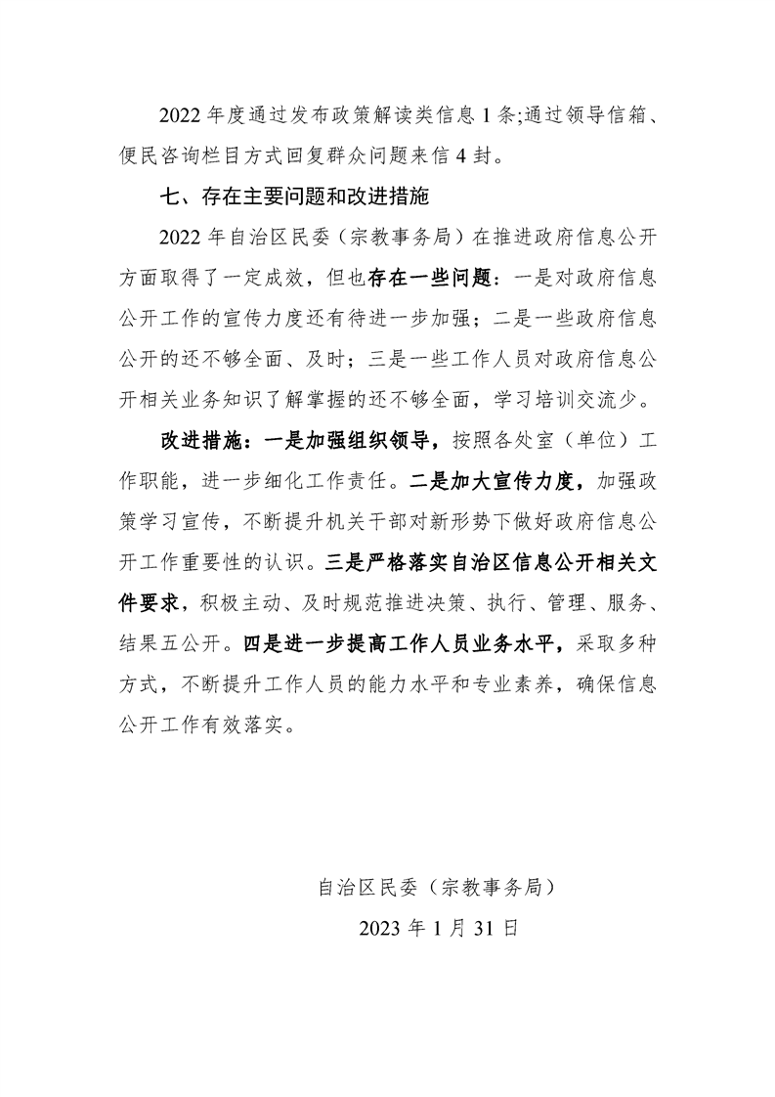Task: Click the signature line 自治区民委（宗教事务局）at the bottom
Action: coord(437,887)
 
